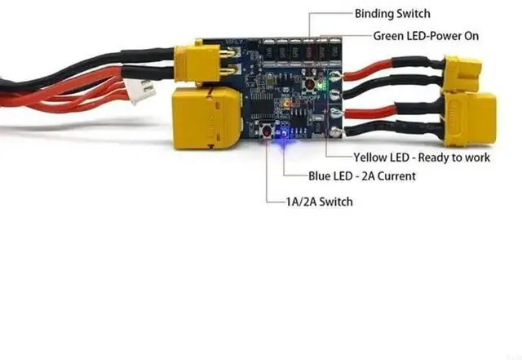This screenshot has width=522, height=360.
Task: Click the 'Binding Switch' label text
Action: pos(391,14)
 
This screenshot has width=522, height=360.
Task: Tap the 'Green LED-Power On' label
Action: pos(426,36)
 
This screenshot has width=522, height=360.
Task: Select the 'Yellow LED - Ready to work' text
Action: pos(421,157)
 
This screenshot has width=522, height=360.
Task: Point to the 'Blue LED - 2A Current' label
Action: pos(361,176)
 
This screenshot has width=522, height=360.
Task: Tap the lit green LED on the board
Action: pos(324,82)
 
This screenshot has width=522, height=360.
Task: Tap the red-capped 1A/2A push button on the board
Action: pos(267,132)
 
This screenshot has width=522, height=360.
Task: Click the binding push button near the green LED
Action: pos(311,82)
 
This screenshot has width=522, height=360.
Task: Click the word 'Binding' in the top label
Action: pos(374,14)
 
